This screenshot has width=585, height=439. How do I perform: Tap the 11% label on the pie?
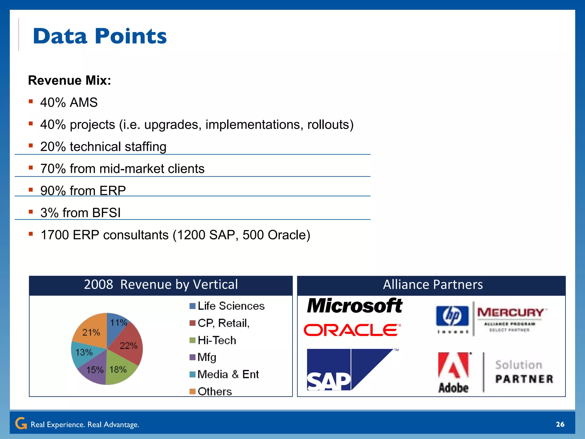pos(118,323)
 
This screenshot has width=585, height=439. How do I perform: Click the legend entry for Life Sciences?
pos(227,306)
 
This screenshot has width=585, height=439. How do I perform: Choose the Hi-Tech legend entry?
pos(213,340)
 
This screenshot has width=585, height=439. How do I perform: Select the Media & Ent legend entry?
pos(224,374)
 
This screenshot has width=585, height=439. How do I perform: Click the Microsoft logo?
pos(354,306)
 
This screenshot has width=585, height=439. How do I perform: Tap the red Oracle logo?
pos(352,330)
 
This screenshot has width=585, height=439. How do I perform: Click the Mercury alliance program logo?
pos(511,319)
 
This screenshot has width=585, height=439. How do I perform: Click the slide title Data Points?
pos(100,36)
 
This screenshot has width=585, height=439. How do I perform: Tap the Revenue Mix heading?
pos(69,80)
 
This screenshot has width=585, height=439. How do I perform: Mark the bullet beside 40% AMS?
pos(31,101)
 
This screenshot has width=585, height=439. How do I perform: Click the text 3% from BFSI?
pos(81,213)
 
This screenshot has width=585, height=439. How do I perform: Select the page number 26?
pos(560,424)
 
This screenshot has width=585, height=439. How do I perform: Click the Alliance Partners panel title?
pos(432,285)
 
